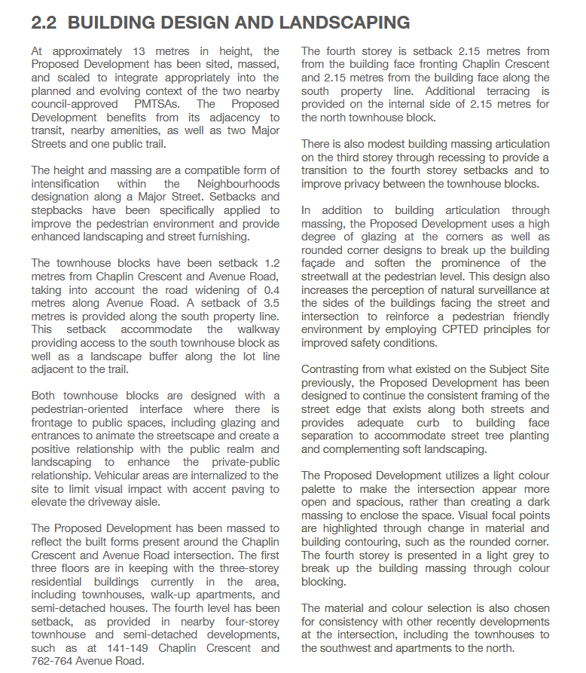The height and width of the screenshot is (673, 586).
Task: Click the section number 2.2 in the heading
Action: click(45, 23)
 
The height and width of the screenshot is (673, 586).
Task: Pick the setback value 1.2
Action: click(270, 263)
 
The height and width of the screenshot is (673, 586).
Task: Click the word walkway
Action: click(255, 329)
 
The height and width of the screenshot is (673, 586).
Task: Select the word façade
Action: click(322, 263)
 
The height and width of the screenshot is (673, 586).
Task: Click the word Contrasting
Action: click(334, 369)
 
